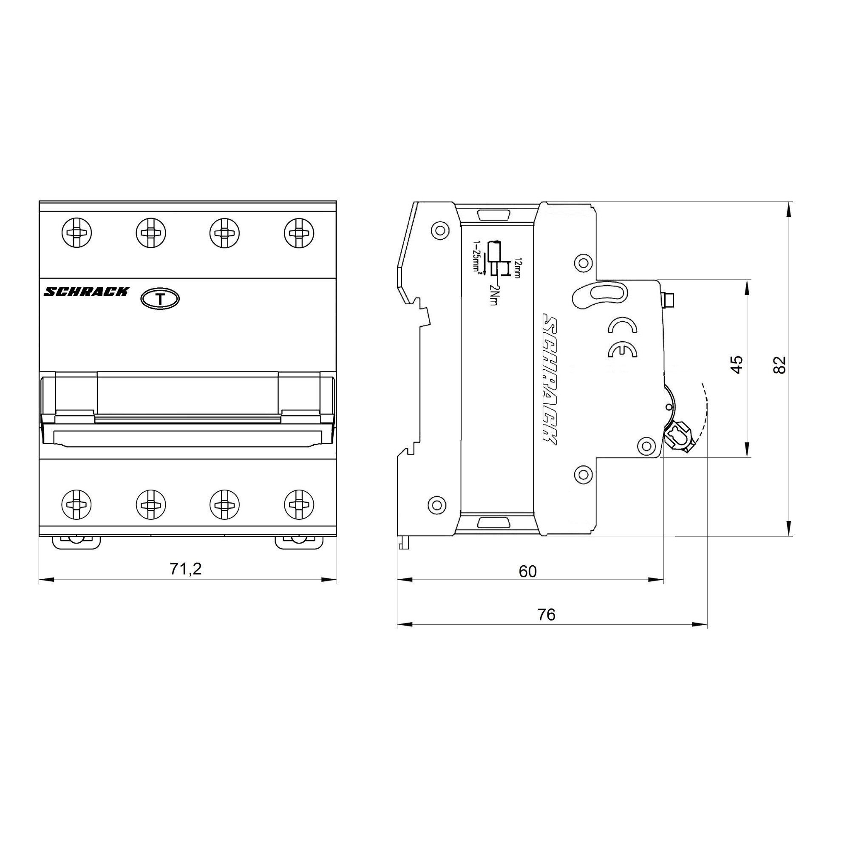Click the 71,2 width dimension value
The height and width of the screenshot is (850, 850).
[186, 569]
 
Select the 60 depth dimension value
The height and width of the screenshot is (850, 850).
[527, 571]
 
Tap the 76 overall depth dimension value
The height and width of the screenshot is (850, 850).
[547, 614]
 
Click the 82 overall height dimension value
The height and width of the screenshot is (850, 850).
[779, 364]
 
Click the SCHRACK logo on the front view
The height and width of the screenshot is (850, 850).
[86, 292]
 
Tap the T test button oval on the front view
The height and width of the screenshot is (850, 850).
[160, 299]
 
